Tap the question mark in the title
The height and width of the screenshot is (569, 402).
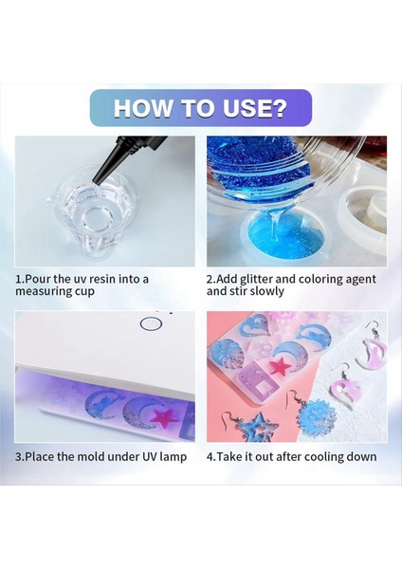point(278,108)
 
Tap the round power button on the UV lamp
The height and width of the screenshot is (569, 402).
point(150,323)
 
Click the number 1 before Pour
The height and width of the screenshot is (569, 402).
point(18,279)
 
